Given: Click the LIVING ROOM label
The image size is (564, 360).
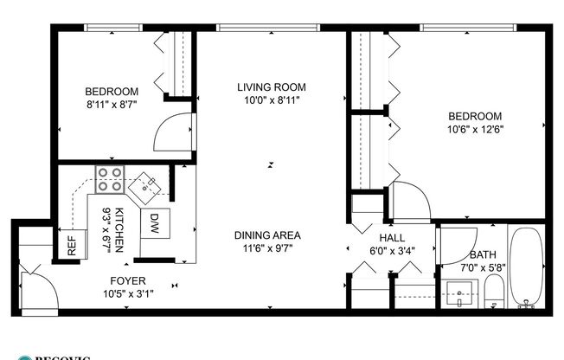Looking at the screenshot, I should (272, 87).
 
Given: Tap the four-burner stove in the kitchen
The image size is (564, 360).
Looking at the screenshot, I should (110, 178).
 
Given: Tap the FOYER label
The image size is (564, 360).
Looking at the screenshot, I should (127, 280).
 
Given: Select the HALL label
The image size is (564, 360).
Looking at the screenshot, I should (392, 238).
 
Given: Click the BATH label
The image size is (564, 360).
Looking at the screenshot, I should (483, 255).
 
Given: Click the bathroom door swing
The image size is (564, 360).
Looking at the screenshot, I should (456, 247).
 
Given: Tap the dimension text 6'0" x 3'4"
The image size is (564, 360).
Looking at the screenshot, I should (392, 251).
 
